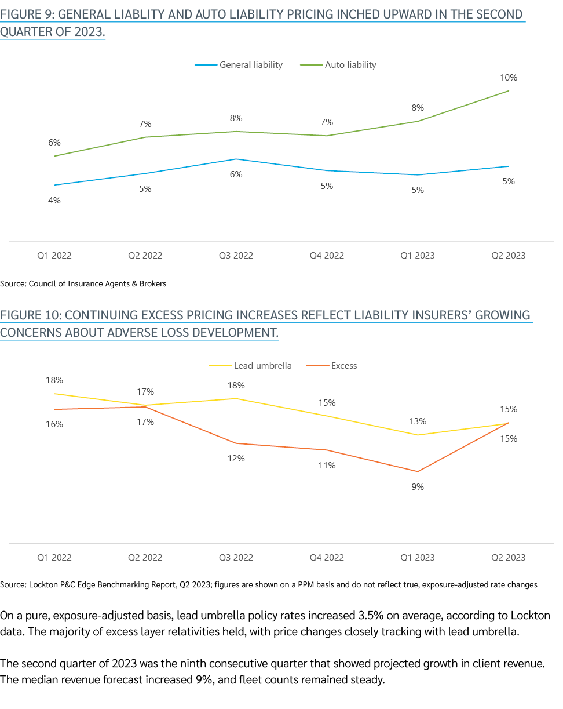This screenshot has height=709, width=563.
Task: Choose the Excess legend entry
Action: click(343, 366)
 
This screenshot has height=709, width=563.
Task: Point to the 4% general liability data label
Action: click(54, 201)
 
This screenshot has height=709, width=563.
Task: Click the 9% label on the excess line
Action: click(418, 487)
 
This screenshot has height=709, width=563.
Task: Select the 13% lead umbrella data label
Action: click(418, 421)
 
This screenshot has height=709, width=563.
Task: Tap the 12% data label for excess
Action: click(236, 459)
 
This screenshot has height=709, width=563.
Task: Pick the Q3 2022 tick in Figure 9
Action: click(236, 256)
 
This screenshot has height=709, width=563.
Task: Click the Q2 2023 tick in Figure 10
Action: click(508, 558)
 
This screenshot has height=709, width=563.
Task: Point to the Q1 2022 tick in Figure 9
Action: click(54, 256)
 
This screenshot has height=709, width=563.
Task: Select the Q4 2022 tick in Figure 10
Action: click(327, 558)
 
